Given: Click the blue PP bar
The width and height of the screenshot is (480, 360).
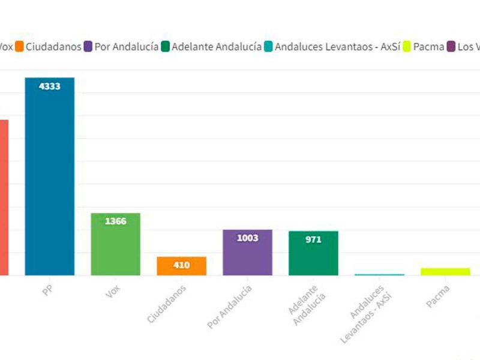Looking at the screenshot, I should coord(49,180).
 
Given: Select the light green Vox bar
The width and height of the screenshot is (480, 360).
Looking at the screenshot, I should coord(115,246).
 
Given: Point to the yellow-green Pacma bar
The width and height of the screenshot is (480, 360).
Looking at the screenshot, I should coord(445,271).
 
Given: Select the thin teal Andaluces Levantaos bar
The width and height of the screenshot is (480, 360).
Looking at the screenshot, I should coord(379,274).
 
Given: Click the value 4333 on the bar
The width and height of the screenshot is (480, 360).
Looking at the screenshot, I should coord(49,86).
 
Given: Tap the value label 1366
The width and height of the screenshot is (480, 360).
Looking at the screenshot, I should coord(115,221).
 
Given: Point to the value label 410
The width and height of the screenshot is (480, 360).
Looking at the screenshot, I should coord(181,265).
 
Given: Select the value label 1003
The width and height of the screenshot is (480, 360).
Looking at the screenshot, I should coord(247,238).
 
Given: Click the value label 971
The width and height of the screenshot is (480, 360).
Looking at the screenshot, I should coord(313,239).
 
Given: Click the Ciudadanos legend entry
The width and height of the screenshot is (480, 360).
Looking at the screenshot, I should coord(48,46).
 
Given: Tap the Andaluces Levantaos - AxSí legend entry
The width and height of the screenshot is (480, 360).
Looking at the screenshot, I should coord(332,46).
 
